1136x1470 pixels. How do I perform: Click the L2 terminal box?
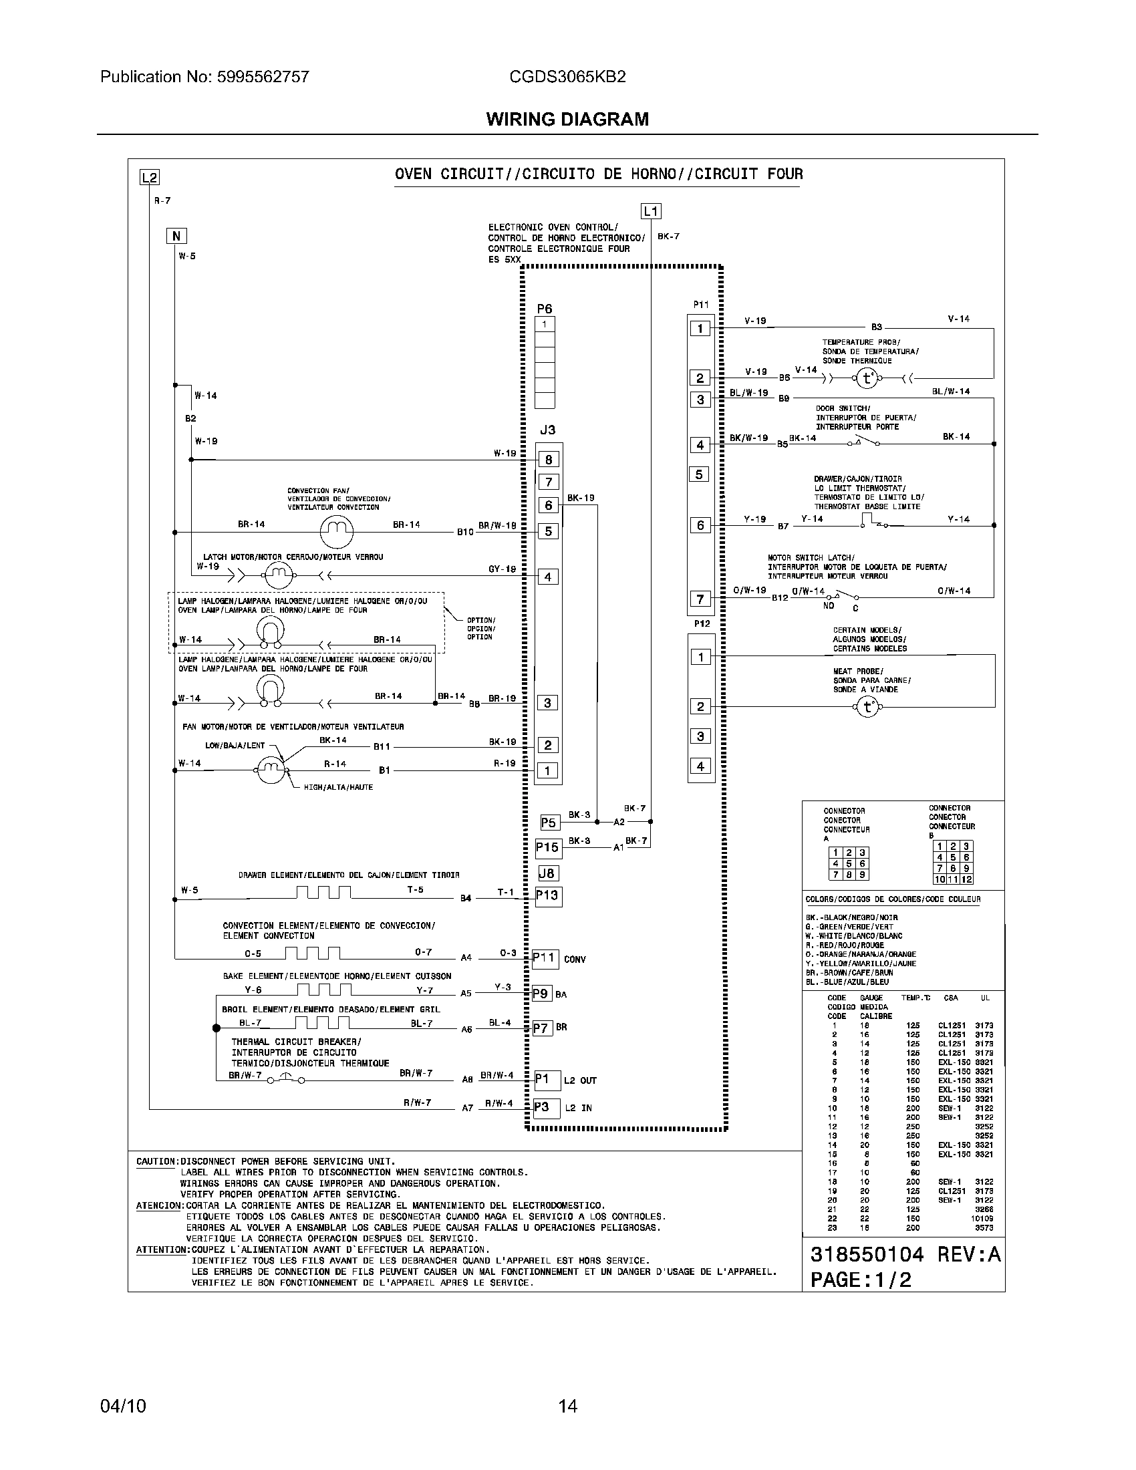(149, 178)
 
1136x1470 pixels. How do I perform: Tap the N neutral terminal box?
(176, 236)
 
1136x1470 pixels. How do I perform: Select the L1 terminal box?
(651, 211)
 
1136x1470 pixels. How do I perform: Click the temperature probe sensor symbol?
(867, 378)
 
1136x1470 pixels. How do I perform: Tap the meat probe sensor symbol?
(867, 707)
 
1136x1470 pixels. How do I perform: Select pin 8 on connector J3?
(549, 460)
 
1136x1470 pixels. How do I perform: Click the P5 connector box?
(549, 823)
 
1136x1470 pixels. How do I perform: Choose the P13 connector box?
(547, 896)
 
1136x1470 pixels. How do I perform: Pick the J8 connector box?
(548, 874)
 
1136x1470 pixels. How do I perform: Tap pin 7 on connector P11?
(700, 599)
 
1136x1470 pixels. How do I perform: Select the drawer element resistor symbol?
(323, 893)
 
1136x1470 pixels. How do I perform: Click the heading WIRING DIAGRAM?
(567, 119)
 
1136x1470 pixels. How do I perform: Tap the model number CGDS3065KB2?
(567, 77)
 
